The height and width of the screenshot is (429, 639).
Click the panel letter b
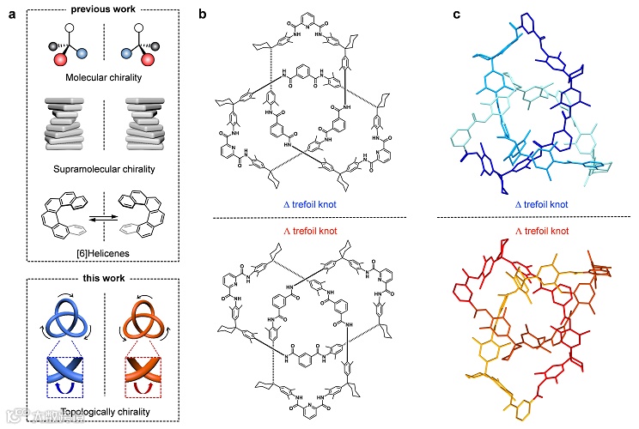click(202, 14)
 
